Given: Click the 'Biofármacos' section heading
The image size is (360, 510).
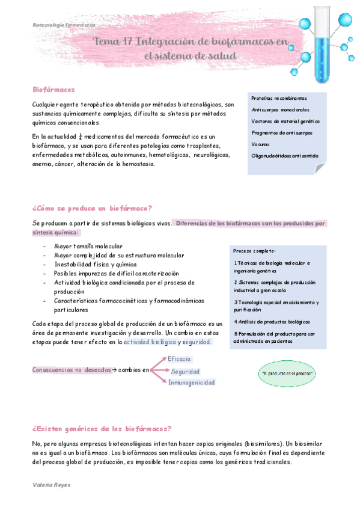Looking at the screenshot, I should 53,90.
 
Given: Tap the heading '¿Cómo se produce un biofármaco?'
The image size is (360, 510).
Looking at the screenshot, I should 93,209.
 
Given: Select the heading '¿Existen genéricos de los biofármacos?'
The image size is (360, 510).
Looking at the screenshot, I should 102,429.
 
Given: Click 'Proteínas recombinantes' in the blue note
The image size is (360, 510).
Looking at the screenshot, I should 279,98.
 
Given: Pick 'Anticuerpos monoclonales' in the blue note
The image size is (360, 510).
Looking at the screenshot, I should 281,109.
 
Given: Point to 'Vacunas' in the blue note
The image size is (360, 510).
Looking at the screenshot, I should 261,144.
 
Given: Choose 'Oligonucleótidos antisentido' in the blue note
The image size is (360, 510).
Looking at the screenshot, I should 285,156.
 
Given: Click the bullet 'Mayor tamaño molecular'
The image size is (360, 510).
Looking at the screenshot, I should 88,247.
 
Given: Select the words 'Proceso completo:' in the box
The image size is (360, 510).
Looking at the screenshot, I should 255,251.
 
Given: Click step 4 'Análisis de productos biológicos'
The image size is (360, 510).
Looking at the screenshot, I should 272,321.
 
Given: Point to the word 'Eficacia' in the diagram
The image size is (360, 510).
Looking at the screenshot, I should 180,359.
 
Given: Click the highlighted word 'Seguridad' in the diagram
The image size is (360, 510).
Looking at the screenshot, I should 185,372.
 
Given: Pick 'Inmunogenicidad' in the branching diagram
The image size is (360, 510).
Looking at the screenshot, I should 192,382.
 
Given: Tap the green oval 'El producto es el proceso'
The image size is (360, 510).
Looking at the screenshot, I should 288,373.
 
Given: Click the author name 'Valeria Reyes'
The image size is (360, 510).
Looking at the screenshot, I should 52,484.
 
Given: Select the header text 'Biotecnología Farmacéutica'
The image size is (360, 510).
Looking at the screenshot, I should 64,25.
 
